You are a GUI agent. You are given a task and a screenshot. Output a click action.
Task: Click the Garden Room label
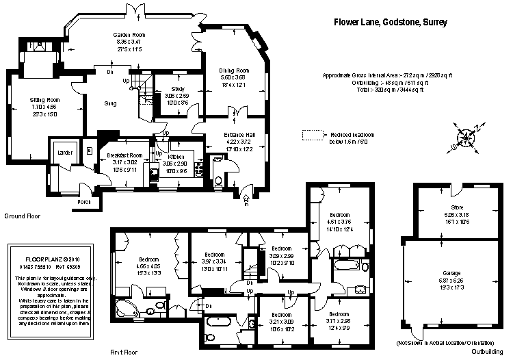[129, 34]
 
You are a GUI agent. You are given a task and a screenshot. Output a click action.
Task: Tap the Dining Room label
[233, 70]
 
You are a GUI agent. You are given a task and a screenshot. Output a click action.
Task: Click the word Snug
[110, 103]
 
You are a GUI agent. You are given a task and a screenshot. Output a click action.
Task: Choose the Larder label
[65, 153]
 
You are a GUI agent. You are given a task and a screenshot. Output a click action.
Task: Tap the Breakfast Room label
[124, 156]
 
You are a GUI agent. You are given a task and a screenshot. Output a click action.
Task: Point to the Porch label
[84, 202]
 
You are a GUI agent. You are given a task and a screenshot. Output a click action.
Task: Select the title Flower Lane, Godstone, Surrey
[390, 22]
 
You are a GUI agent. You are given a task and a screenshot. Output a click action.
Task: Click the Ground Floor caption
[24, 216]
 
